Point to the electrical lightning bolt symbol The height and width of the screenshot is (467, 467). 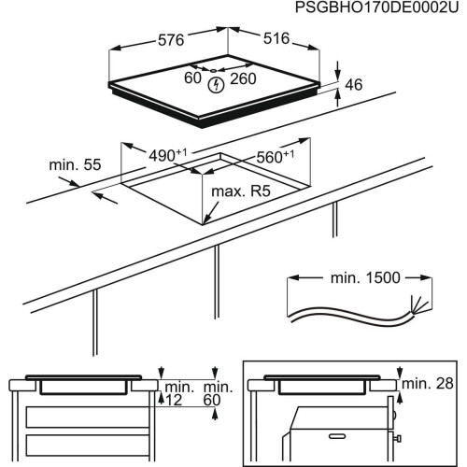pyautogui.click(x=218, y=84)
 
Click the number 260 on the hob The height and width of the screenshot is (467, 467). pyautogui.click(x=244, y=78)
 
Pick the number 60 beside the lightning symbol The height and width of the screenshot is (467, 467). pyautogui.click(x=192, y=78)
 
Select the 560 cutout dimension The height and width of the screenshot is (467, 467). pyautogui.click(x=273, y=156)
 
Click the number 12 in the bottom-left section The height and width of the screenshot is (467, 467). pyautogui.click(x=176, y=400)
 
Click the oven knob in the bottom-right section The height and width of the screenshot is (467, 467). pyautogui.click(x=400, y=435)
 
